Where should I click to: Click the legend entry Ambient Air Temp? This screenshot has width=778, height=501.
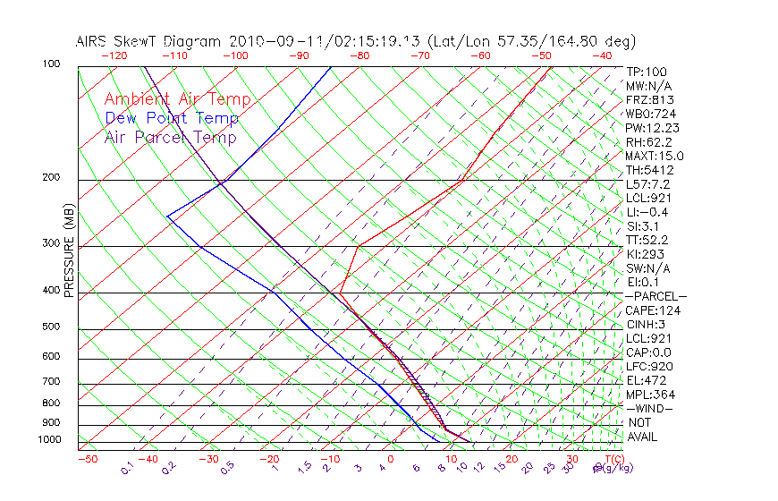pyautogui.click(x=177, y=99)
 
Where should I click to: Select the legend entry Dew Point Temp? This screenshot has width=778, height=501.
pyautogui.click(x=171, y=118)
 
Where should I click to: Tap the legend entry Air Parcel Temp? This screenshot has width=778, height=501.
pyautogui.click(x=170, y=137)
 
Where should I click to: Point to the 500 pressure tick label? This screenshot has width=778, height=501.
pyautogui.click(x=52, y=327)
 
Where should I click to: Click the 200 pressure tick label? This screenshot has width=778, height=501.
pyautogui.click(x=52, y=177)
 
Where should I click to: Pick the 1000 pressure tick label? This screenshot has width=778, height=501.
pyautogui.click(x=50, y=439)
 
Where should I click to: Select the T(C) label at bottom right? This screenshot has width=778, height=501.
pyautogui.click(x=613, y=459)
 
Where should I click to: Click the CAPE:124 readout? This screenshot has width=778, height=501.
pyautogui.click(x=653, y=310)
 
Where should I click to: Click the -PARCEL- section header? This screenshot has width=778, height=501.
pyautogui.click(x=655, y=296)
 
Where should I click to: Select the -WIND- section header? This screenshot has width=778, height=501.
pyautogui.click(x=649, y=408)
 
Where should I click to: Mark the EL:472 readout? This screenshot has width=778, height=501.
pyautogui.click(x=645, y=380)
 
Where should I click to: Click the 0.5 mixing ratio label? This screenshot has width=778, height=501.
pyautogui.click(x=228, y=467)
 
